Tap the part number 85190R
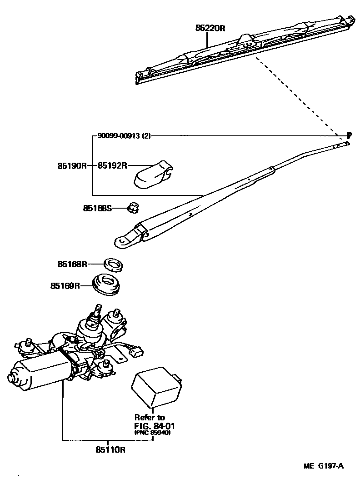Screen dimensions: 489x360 (x=72, y=166)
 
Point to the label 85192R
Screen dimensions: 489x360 (x=112, y=166)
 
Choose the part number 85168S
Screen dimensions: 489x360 (x=97, y=208)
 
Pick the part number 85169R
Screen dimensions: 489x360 (x=65, y=286)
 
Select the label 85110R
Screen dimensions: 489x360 (x=110, y=450)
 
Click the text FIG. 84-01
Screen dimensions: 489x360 (x=154, y=426)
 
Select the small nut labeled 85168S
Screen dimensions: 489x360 (x=134, y=208)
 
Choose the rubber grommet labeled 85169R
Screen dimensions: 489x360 (x=108, y=285)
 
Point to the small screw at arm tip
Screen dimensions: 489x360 (x=349, y=135)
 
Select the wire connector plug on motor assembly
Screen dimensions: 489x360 (x=135, y=350)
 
